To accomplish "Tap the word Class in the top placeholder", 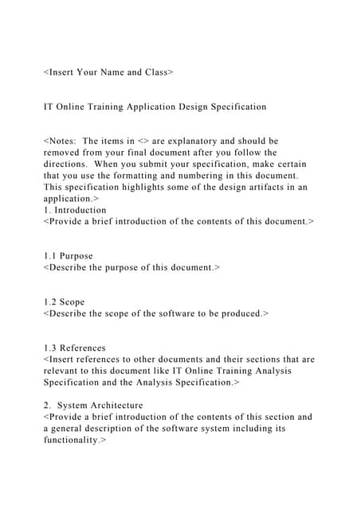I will (x=155, y=72).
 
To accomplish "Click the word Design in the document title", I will (x=202, y=106).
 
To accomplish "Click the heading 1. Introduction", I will (x=77, y=208).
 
